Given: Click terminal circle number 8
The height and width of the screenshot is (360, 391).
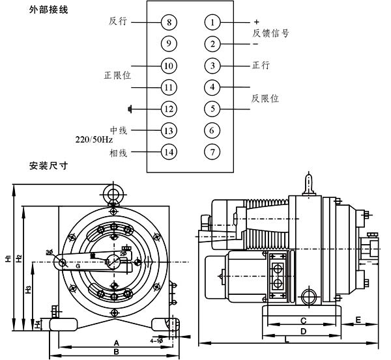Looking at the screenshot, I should (169, 22).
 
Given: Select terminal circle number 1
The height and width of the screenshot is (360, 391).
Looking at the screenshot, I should (212, 22).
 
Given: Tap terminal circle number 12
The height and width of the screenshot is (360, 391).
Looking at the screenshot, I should (169, 109).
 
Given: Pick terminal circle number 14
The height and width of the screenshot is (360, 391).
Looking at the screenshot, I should (169, 152).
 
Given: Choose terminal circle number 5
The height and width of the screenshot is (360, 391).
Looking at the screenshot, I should (212, 109).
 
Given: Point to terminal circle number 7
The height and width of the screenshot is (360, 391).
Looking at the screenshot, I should (212, 152).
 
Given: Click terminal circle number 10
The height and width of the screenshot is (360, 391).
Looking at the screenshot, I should (169, 66).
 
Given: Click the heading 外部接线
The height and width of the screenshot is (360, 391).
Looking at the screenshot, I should (48, 10).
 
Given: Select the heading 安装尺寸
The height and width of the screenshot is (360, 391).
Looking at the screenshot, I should (48, 165).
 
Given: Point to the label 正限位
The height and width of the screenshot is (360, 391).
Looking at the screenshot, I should (118, 76).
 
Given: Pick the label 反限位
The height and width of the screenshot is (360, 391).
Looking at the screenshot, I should (265, 98).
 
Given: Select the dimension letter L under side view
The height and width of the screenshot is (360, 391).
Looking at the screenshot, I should (287, 339).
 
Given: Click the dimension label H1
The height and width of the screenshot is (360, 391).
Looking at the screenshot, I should (7, 258).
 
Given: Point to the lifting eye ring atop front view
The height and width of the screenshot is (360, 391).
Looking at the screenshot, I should (115, 193).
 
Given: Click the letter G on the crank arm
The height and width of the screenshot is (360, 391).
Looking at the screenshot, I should (77, 266).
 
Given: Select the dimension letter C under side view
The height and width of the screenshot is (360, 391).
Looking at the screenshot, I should (304, 320).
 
